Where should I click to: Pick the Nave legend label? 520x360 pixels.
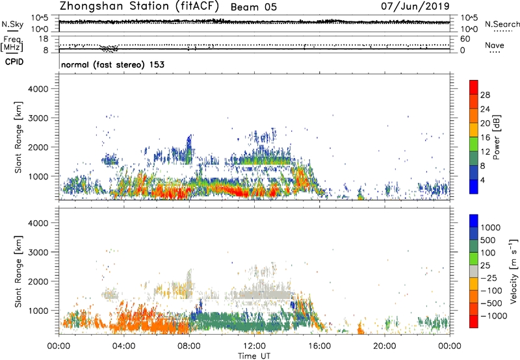pyautogui.click(x=496, y=46)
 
